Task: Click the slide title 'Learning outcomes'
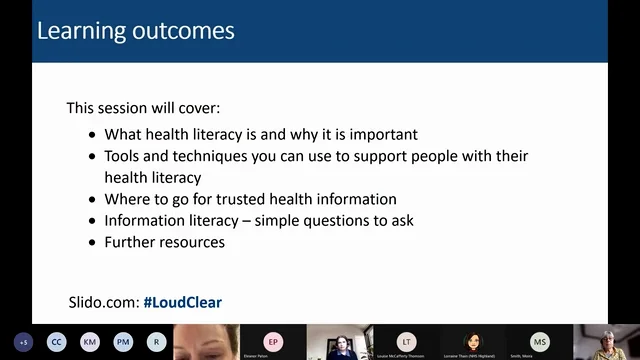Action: coord(135,30)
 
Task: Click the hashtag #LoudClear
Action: coord(183,301)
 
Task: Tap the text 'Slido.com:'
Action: coord(103,301)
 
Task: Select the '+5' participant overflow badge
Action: coord(24,341)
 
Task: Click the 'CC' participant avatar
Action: coord(57,341)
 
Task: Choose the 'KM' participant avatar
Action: coord(90,341)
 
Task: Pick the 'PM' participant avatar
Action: coord(123,341)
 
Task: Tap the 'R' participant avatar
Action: coord(156,341)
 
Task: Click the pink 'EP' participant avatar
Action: coord(273,340)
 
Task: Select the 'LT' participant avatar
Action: coord(406,340)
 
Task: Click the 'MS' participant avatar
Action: coord(539,340)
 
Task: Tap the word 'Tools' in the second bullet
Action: coord(124,156)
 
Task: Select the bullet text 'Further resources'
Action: coord(164,242)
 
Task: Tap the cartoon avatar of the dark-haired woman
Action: coord(473,341)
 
